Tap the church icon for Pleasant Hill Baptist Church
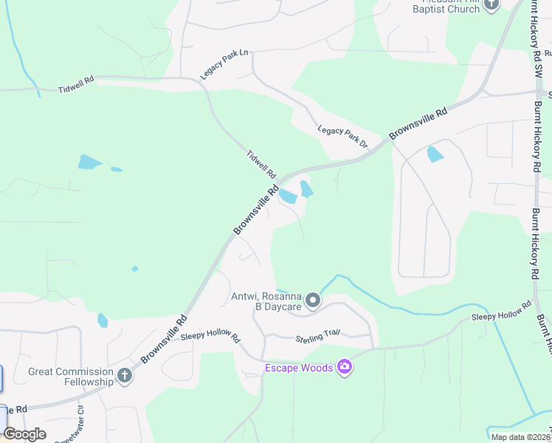tap(492, 4)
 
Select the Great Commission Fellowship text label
tap(71, 377)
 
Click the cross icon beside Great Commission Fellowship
tap(125, 376)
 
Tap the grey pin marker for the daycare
tap(313, 300)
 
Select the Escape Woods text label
tap(299, 367)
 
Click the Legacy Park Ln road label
tap(224, 65)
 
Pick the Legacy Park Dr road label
tap(342, 136)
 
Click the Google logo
tap(24, 434)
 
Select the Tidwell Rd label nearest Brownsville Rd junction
tap(261, 164)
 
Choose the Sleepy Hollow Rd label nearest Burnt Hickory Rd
tap(501, 314)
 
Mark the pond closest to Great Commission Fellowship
tap(103, 320)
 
